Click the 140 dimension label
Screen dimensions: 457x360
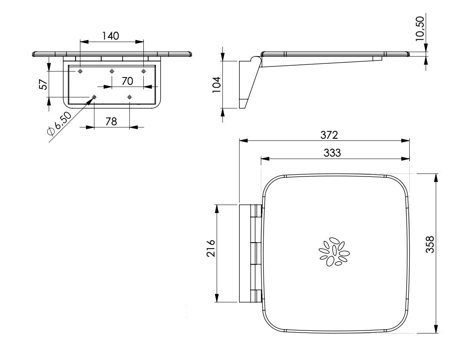(111, 36)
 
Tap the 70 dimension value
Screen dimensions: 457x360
(127, 81)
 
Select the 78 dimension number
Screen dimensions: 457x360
(111, 121)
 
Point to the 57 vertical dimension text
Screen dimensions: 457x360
(43, 84)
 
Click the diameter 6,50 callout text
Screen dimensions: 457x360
(59, 123)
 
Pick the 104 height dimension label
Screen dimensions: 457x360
(217, 85)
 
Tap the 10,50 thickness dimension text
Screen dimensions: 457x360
(420, 28)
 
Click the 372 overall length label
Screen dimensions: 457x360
(329, 135)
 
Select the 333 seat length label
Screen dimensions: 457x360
(332, 153)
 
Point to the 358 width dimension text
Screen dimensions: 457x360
(430, 244)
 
